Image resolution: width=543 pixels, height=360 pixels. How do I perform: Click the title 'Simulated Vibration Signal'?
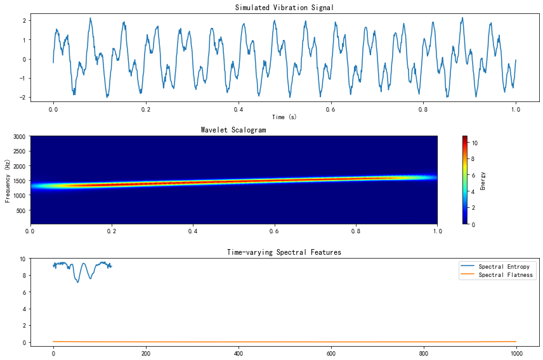tap(284, 8)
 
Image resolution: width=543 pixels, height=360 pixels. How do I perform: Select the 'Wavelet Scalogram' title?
tap(233, 130)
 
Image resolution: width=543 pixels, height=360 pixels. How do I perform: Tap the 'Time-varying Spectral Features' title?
tap(284, 252)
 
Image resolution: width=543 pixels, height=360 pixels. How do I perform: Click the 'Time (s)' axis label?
tap(284, 117)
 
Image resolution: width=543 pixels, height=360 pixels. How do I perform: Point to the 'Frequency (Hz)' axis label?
tap(8, 180)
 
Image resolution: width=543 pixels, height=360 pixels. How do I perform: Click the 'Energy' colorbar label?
tap(483, 180)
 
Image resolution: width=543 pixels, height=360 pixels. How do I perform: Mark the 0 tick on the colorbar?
tap(473, 224)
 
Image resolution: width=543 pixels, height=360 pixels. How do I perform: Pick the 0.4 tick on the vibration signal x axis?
tap(238, 108)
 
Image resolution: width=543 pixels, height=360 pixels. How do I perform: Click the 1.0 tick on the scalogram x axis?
tap(436, 233)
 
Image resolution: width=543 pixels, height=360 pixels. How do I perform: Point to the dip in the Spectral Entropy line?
tap(78, 281)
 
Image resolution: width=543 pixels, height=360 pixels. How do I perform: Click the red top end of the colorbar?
tap(465, 138)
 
